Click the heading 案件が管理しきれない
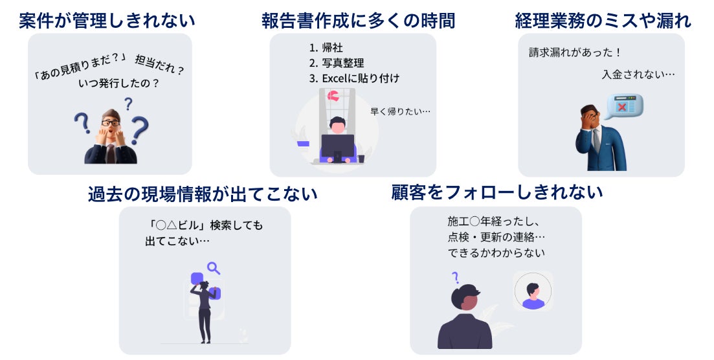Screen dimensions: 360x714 (107, 20)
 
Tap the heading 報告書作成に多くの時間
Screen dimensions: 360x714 (358, 20)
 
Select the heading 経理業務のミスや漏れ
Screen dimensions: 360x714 (603, 20)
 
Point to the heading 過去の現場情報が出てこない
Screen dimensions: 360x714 (203, 194)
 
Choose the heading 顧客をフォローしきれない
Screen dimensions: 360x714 (496, 192)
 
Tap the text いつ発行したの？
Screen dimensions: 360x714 (119, 84)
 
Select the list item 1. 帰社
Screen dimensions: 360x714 (327, 47)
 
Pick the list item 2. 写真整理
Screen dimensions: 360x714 (337, 63)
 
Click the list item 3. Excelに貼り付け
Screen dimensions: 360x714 (354, 78)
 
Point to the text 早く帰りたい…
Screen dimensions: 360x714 (400, 111)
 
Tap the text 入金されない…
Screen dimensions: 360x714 (638, 74)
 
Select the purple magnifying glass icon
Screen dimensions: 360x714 (213, 267)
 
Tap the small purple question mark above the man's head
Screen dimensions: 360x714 (455, 278)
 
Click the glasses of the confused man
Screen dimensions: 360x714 (111, 122)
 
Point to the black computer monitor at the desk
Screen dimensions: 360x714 (338, 146)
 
